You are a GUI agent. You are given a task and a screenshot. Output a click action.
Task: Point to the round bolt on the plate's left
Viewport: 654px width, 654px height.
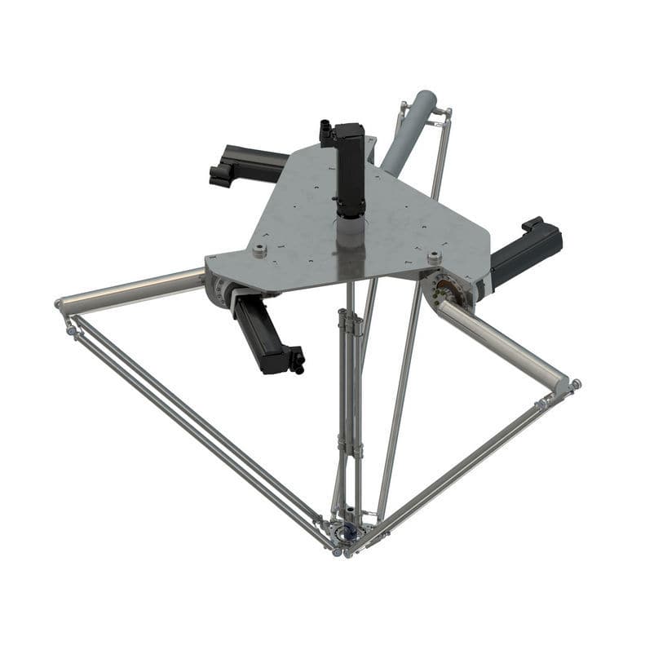pyautogui.click(x=259, y=250)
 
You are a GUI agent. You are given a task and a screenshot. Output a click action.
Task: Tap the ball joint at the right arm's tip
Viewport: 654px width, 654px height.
pyautogui.click(x=576, y=383)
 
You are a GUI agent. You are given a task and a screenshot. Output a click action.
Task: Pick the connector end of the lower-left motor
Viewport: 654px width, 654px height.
pyautogui.click(x=295, y=359)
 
